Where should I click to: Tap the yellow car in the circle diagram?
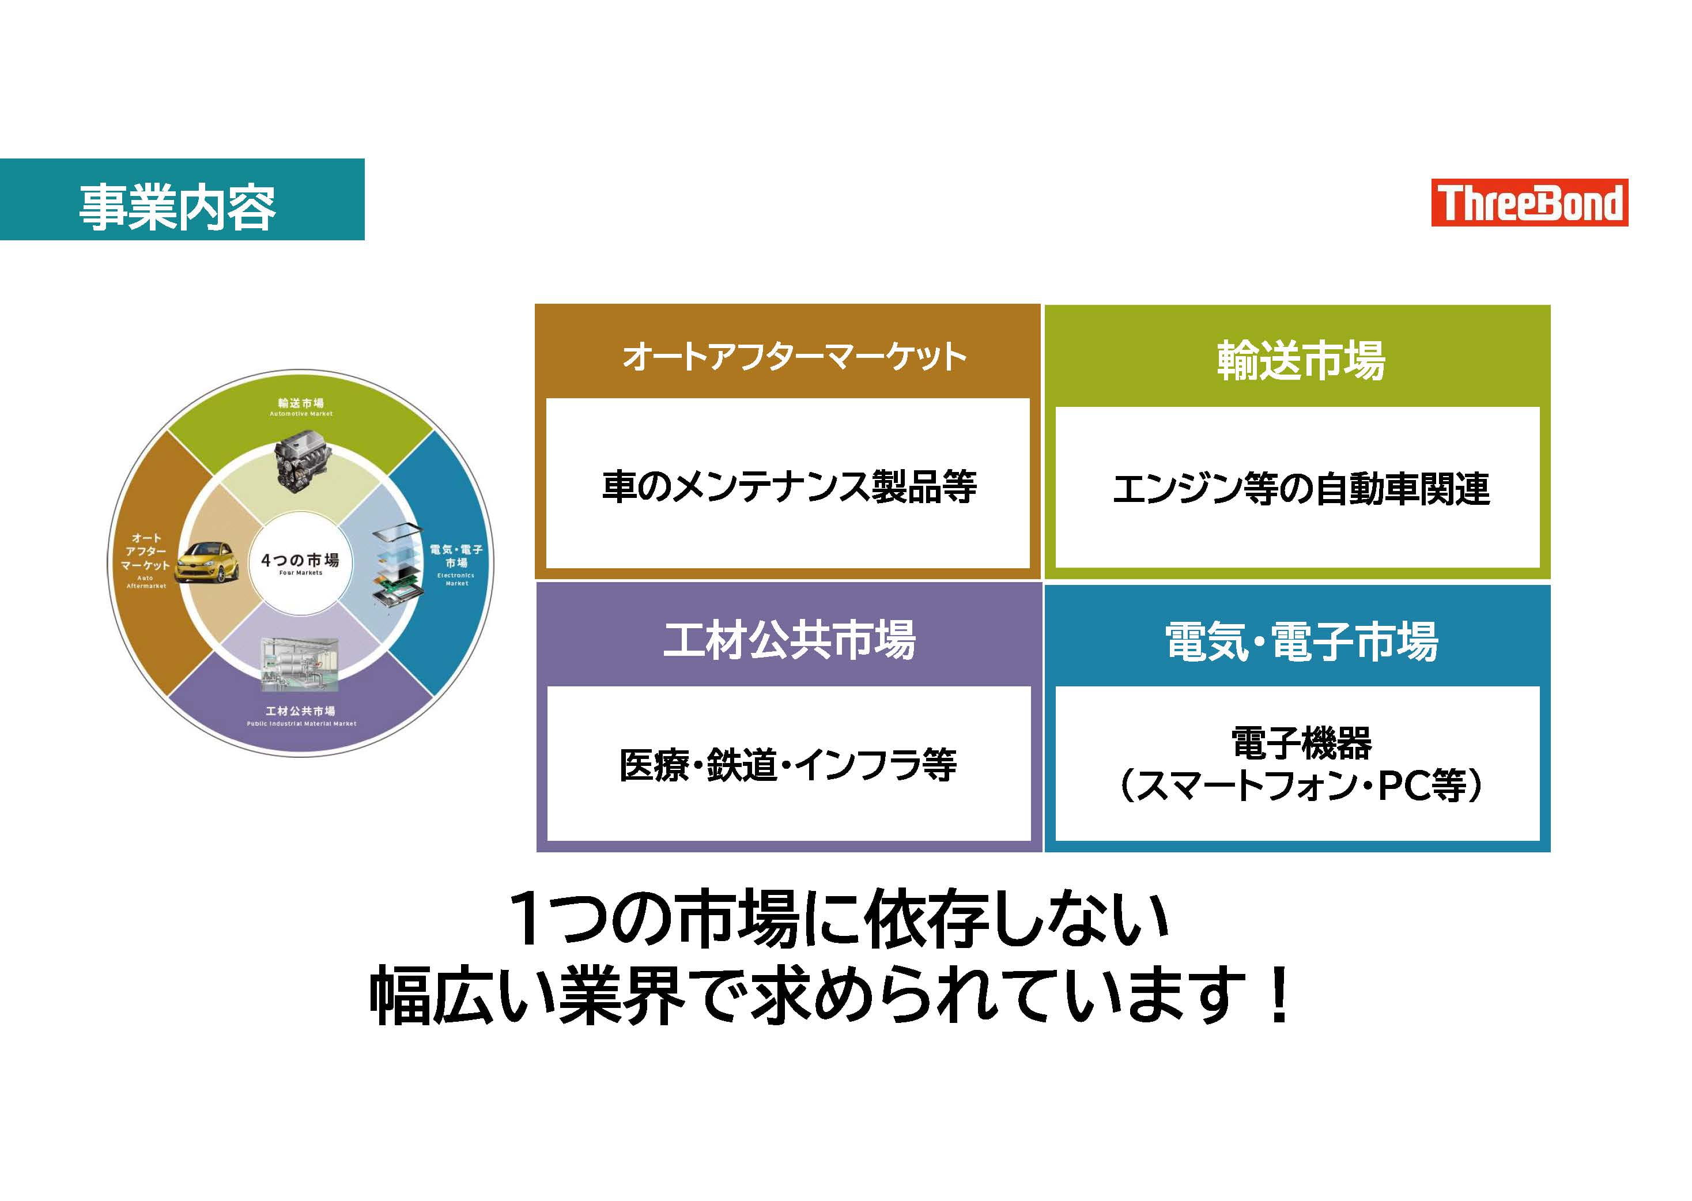[x=208, y=561]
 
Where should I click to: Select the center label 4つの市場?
[x=300, y=561]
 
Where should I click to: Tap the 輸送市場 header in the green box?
[x=1301, y=360]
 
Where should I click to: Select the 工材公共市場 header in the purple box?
[x=789, y=640]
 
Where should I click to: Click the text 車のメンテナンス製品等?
[x=789, y=486]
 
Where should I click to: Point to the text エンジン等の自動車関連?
[x=1301, y=489]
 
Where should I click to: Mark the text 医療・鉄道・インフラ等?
[x=788, y=765]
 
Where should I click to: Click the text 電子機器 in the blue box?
[x=1301, y=742]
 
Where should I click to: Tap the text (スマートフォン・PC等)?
[x=1301, y=785]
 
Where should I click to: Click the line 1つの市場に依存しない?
[x=839, y=919]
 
